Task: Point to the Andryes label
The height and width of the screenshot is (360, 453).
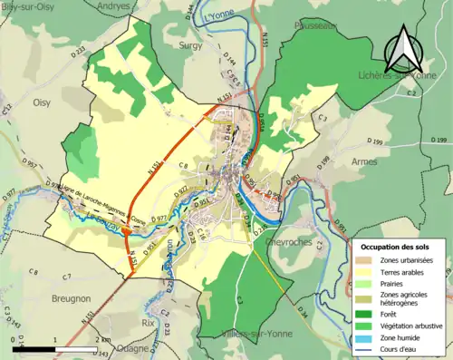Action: click(x=112, y=6)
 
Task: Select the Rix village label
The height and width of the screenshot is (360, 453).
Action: click(x=149, y=321)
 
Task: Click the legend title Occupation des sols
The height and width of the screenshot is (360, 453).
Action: click(x=398, y=247)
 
